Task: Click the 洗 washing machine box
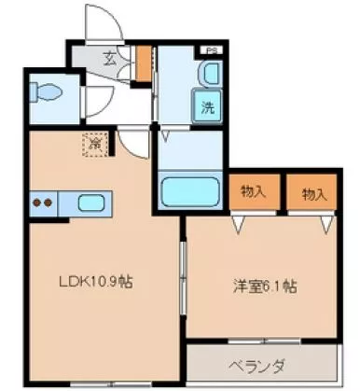(x=207, y=105)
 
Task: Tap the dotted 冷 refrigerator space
(x=95, y=145)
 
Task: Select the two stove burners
(x=41, y=202)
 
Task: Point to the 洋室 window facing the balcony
(x=260, y=339)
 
